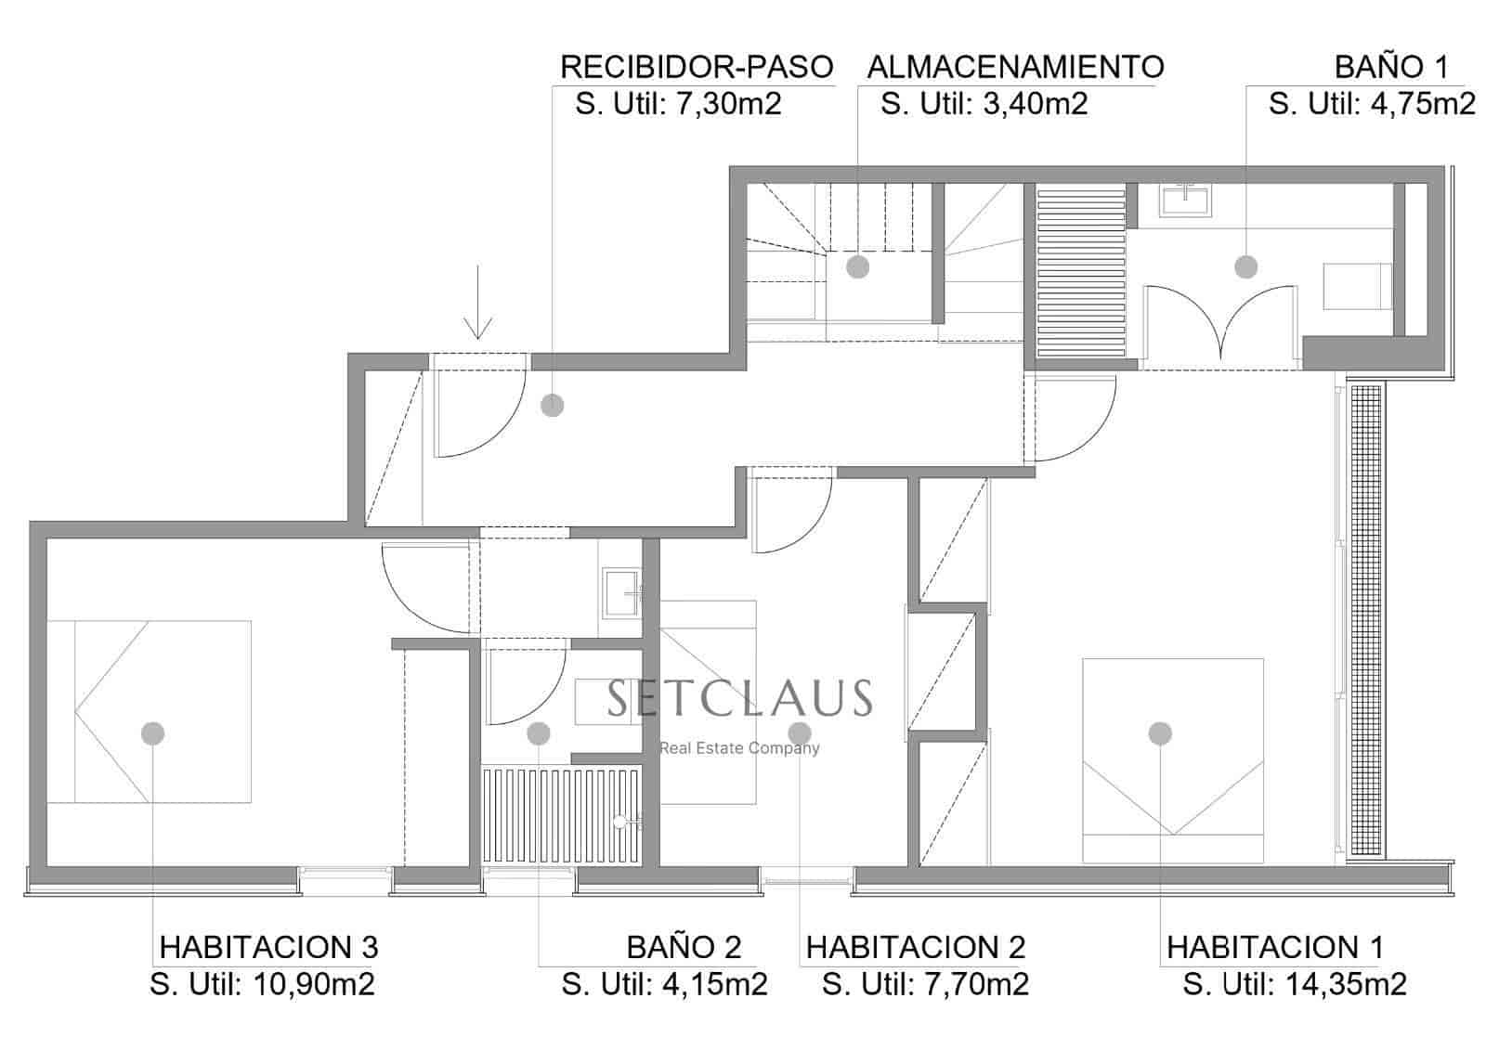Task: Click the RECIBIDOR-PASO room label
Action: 697,67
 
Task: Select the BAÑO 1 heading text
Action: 1391,67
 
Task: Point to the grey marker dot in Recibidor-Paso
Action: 553,405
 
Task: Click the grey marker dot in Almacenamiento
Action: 857,266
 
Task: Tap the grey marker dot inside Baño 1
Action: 1245,266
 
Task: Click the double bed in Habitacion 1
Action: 1173,759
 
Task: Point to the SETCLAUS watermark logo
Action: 739,698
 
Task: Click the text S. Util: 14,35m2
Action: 1295,984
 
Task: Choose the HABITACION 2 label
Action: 915,947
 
